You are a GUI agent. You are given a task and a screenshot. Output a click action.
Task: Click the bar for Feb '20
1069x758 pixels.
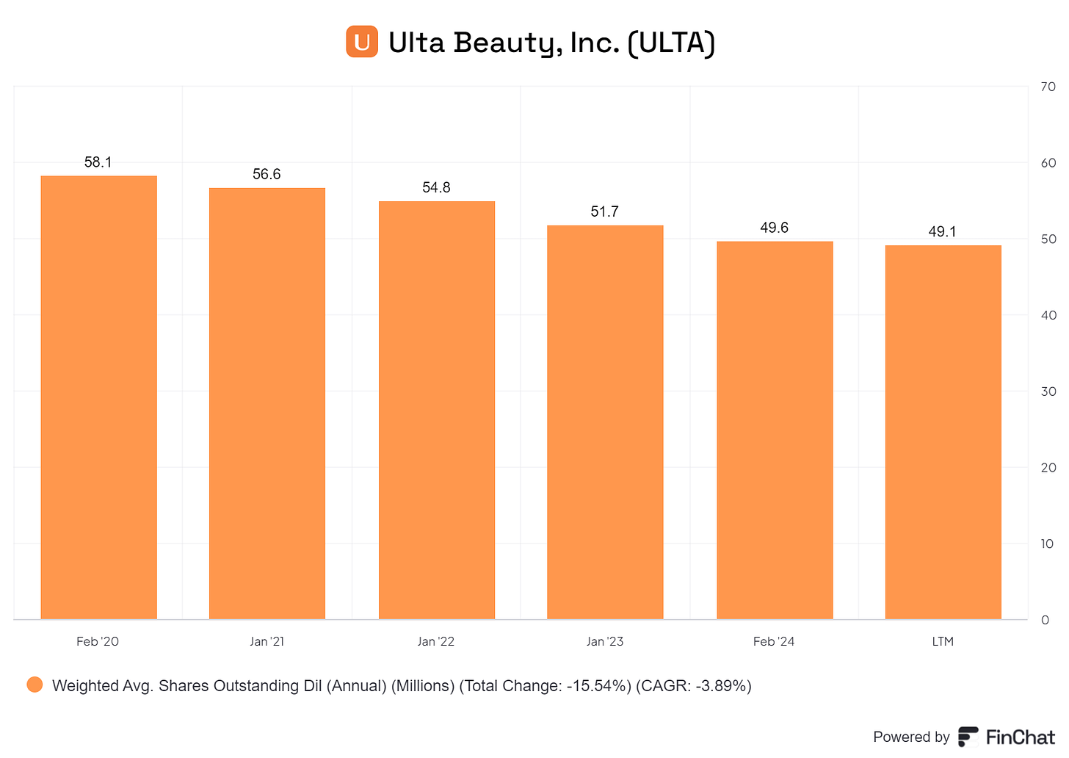point(99,397)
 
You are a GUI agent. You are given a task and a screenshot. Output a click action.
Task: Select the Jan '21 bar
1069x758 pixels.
point(267,404)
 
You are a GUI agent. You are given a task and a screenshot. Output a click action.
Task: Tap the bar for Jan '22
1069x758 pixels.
point(437,411)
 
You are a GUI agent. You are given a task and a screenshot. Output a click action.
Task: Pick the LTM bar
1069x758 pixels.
point(943,433)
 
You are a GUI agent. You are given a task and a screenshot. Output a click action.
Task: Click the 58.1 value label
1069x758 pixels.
point(98,162)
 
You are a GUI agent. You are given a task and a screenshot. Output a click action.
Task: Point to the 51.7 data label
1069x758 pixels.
point(605,212)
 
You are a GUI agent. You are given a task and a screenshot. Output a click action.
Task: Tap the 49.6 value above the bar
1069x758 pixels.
point(774,228)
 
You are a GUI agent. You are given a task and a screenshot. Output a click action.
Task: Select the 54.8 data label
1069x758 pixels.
point(436,187)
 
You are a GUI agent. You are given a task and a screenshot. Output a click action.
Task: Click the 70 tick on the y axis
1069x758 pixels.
point(1048,87)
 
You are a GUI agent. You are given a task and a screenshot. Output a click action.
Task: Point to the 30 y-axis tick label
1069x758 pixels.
point(1048,391)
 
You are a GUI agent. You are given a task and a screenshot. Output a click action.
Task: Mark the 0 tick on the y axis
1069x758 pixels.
point(1046,620)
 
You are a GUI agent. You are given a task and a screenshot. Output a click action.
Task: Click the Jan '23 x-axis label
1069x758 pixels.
point(605,641)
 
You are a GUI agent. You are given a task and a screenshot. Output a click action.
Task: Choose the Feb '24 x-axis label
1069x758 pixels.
point(774,641)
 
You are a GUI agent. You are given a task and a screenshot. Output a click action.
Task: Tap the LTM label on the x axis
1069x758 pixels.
point(943,641)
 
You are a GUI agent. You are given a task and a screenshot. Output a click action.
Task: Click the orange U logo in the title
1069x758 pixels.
point(362,42)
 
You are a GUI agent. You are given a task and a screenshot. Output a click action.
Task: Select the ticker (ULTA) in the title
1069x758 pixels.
point(672,43)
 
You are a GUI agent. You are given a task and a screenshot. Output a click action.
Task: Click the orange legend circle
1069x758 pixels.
point(35,685)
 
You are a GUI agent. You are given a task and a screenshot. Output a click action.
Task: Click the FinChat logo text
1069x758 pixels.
point(1021,737)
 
